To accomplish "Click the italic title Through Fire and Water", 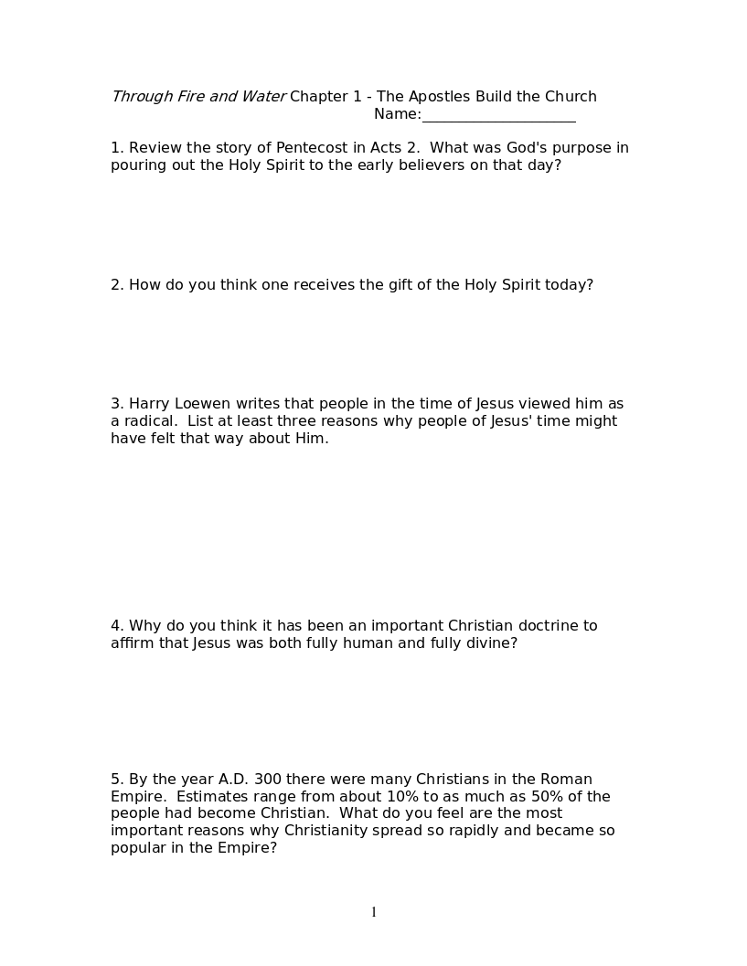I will pos(198,97).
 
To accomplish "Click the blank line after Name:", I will pos(498,116).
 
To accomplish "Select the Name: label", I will pos(397,114).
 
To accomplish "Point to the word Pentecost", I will pos(312,148).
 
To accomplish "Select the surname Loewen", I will pos(198,404).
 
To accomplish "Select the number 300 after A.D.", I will pos(268,780).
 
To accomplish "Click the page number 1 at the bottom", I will pos(374,912).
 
